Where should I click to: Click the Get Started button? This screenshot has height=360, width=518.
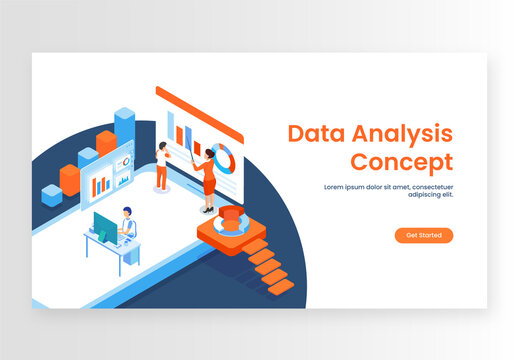[424, 235]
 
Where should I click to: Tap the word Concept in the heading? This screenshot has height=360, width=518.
[401, 162]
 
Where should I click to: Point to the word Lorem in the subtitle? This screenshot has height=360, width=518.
[335, 186]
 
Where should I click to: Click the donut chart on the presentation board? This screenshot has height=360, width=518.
[225, 156]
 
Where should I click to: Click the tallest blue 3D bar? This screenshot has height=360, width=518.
[125, 126]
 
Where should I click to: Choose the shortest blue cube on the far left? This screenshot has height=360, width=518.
[51, 195]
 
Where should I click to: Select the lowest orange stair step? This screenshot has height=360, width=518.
[282, 286]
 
